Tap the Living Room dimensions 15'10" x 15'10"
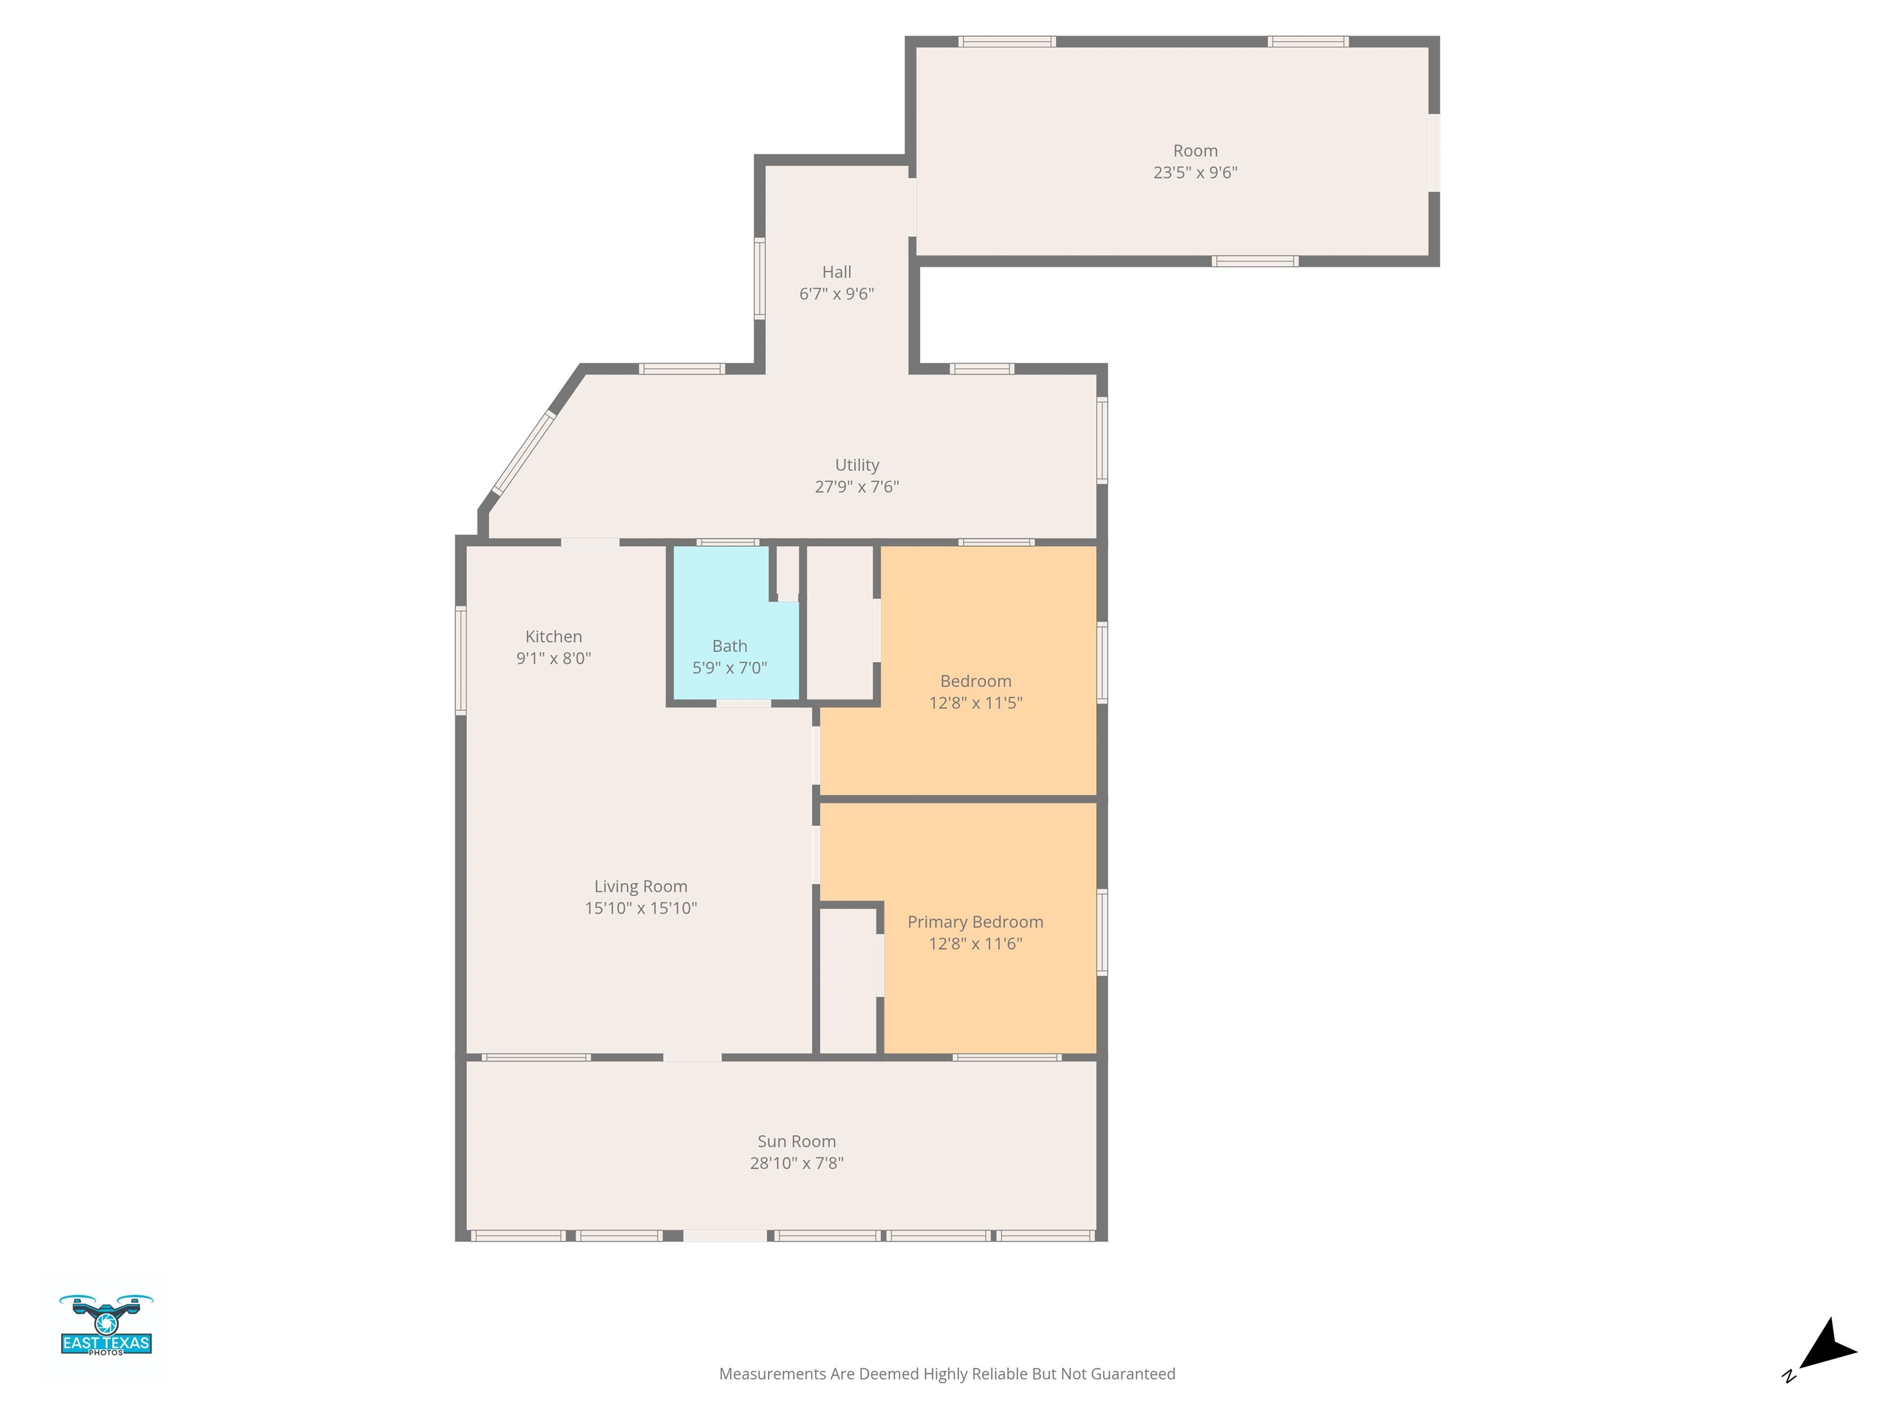point(641,908)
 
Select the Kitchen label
point(553,636)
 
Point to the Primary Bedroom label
point(975,922)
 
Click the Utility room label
point(857,465)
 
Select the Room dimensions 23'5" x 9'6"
point(1195,172)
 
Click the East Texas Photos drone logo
point(106,1324)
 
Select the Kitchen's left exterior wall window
point(461,660)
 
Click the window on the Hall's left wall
point(759,278)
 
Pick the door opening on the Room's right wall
point(1434,152)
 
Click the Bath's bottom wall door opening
point(743,704)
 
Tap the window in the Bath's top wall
point(727,542)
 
